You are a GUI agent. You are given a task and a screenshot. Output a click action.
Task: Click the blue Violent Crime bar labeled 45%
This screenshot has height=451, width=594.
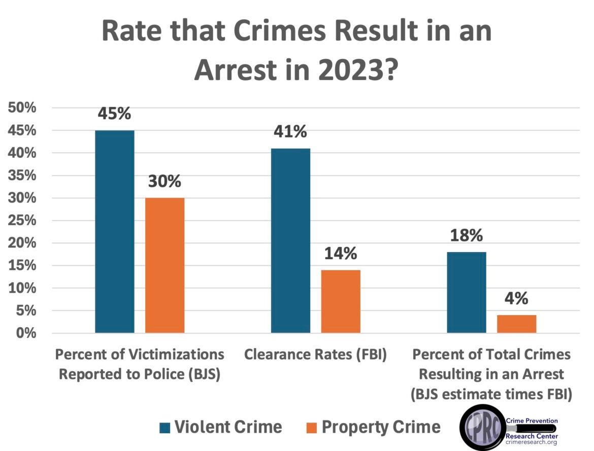[115, 231]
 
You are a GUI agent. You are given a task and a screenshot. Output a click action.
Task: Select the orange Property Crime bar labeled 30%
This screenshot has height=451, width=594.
[164, 265]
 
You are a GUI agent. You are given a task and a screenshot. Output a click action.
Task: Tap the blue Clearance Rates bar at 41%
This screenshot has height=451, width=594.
[290, 240]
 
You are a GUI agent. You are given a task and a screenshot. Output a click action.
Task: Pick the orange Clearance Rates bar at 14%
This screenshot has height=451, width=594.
[341, 301]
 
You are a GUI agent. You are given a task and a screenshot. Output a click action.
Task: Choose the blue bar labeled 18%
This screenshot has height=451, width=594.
[466, 292]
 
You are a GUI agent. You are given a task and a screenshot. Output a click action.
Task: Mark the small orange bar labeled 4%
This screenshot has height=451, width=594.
[516, 324]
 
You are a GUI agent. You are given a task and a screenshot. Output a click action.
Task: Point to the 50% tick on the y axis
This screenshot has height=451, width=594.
[21, 108]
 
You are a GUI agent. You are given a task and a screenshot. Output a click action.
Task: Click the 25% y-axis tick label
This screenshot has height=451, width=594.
[21, 221]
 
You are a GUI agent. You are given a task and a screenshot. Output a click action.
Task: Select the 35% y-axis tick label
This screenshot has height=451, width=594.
[21, 176]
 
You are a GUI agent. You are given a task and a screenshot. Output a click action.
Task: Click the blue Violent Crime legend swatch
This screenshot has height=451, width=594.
[164, 427]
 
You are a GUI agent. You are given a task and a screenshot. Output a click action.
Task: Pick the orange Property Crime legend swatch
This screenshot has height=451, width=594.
[312, 427]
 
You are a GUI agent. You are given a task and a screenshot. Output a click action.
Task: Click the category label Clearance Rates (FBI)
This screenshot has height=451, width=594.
[315, 354]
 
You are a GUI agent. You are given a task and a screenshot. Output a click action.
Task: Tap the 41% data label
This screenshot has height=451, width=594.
[290, 132]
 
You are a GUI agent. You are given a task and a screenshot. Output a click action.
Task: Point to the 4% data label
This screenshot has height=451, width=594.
[517, 298]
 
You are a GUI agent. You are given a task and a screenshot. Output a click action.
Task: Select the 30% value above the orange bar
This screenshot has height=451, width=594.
[164, 182]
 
